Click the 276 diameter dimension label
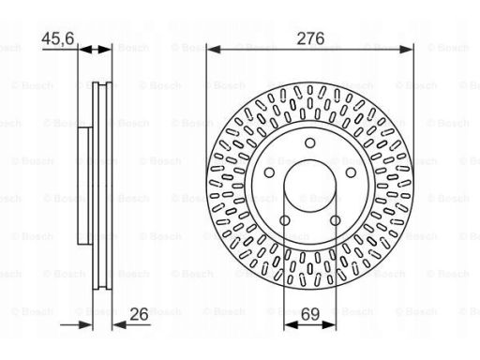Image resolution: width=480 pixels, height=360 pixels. coord(310,38)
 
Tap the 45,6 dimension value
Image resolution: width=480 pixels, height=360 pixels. coord(58,38)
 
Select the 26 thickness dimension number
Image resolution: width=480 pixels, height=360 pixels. coord(139,314)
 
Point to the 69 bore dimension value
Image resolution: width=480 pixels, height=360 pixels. coord(310,314)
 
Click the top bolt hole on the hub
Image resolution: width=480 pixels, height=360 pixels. coord(310,142)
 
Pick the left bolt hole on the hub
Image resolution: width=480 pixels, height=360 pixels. coord(269,172)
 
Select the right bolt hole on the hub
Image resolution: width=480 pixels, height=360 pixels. coord(351,172)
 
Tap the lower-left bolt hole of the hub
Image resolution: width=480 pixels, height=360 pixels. coord(285,220)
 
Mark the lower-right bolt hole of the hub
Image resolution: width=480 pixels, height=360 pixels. coord(335,220)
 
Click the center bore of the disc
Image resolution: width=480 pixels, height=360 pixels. coord(310,186)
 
